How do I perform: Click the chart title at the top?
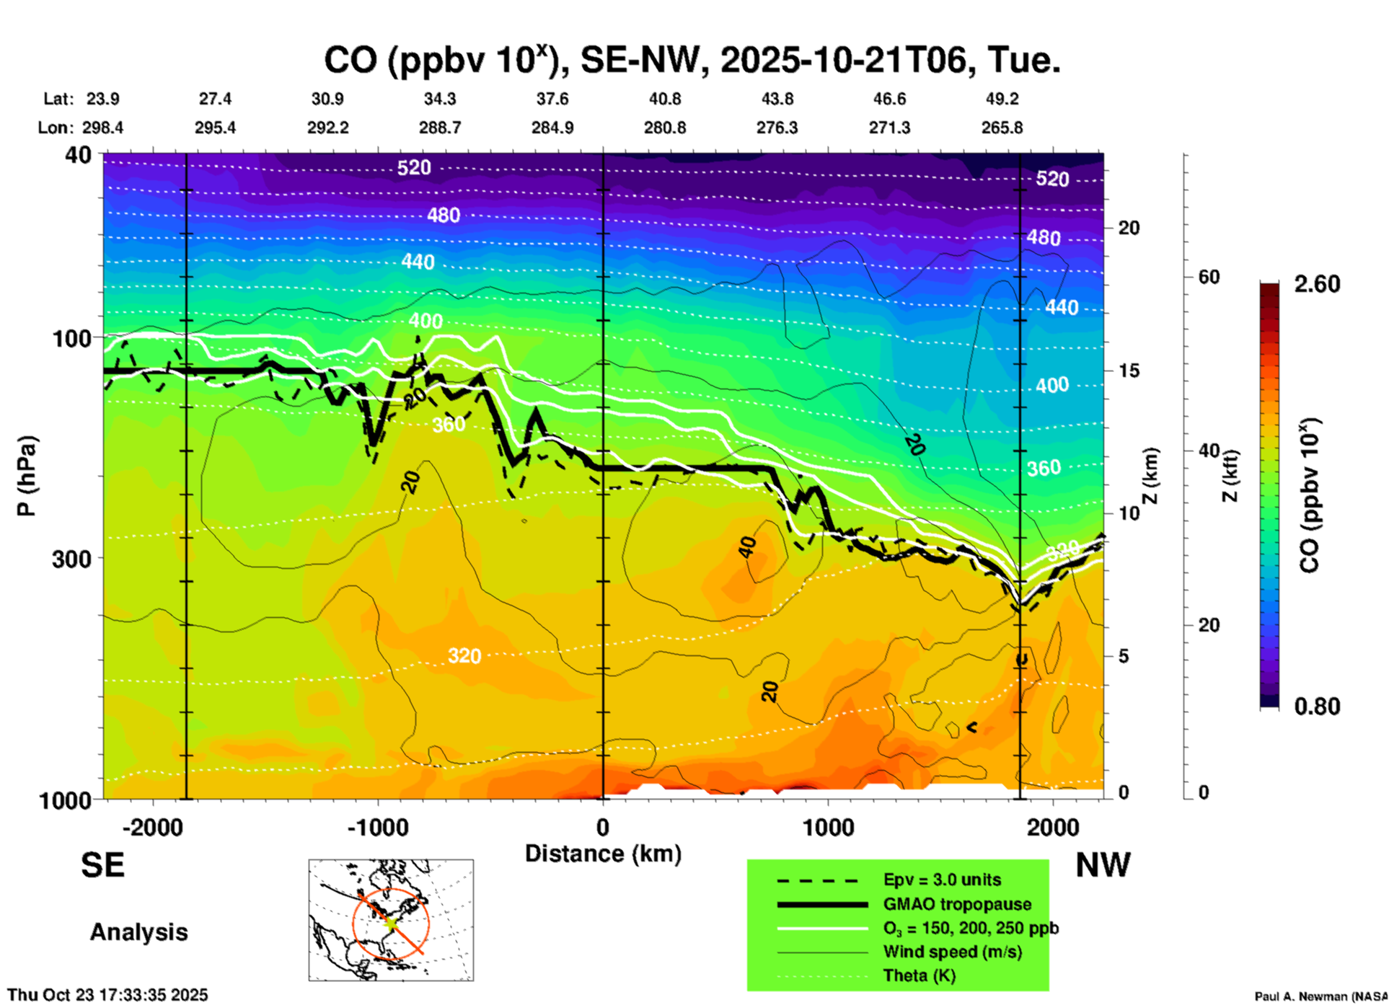tap(692, 61)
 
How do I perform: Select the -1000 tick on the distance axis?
tap(377, 827)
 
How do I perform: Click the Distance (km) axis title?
tap(603, 854)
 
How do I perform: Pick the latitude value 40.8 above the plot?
tap(664, 99)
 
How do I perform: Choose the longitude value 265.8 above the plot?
tap(1002, 128)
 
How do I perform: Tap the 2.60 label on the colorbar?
tap(1317, 284)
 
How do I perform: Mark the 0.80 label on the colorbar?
tap(1317, 707)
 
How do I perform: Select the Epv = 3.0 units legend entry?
tap(942, 880)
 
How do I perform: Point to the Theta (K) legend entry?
tap(919, 975)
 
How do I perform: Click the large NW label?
tap(1103, 865)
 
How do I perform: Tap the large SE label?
tap(103, 865)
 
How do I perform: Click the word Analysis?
tap(138, 932)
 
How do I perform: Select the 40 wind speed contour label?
tap(748, 548)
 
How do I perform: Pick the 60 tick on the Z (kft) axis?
tap(1209, 277)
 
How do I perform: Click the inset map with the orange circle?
tap(391, 920)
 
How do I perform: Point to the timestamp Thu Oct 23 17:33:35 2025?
tap(108, 995)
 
